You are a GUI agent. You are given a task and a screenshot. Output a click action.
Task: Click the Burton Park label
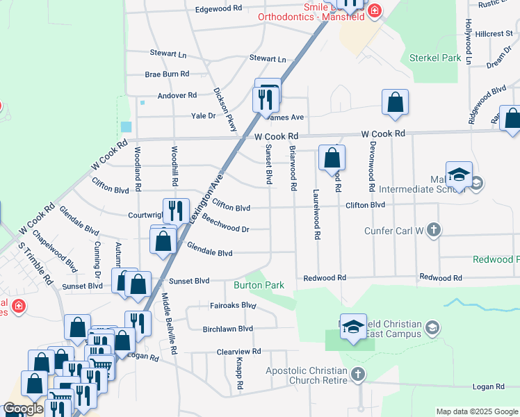coord(259,285)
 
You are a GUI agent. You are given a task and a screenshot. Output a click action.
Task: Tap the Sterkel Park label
coord(435,58)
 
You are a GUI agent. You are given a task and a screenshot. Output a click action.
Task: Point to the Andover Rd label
coord(177,95)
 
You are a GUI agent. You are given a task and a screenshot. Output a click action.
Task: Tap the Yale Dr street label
coord(203,116)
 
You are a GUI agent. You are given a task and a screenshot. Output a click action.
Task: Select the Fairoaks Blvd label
coord(234,305)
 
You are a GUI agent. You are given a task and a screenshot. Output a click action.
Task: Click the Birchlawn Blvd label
coord(227,328)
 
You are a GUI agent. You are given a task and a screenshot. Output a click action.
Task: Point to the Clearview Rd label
coord(238,352)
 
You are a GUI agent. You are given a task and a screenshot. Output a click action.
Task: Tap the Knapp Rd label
coord(238,375)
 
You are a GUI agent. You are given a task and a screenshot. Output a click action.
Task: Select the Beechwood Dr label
coord(226,228)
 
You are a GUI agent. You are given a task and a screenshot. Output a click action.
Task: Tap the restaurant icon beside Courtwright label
coord(176,211)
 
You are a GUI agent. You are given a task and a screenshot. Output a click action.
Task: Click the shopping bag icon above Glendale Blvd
coord(164,241)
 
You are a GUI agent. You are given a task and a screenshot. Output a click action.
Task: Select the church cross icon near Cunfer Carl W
coord(433,230)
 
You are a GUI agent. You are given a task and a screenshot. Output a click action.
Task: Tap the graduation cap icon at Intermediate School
coord(459,174)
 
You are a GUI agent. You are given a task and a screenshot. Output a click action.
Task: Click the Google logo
coord(22,409)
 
